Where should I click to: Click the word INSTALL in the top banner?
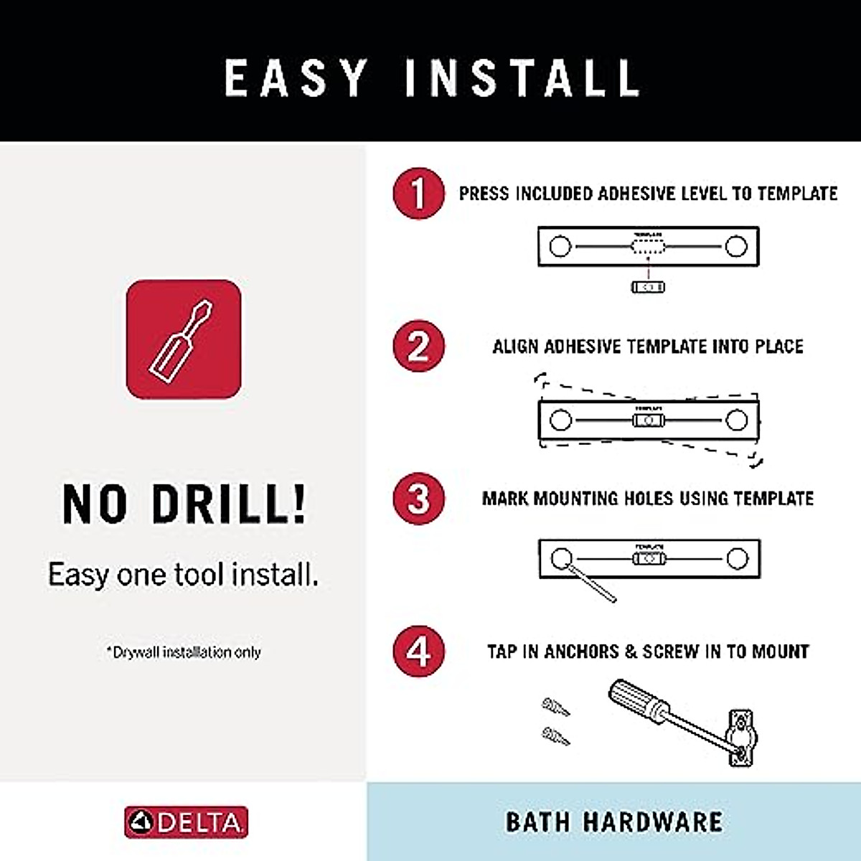(522, 77)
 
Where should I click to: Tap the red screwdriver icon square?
(184, 339)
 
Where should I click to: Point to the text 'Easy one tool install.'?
(183, 575)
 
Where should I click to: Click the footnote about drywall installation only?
(184, 652)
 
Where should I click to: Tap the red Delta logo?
(186, 822)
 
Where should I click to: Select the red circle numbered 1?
(419, 194)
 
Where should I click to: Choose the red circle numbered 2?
(419, 347)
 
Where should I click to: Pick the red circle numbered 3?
(419, 499)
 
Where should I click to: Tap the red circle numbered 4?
(419, 651)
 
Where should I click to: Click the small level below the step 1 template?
(648, 287)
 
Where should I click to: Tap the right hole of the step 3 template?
(737, 558)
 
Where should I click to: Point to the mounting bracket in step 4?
(740, 738)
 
